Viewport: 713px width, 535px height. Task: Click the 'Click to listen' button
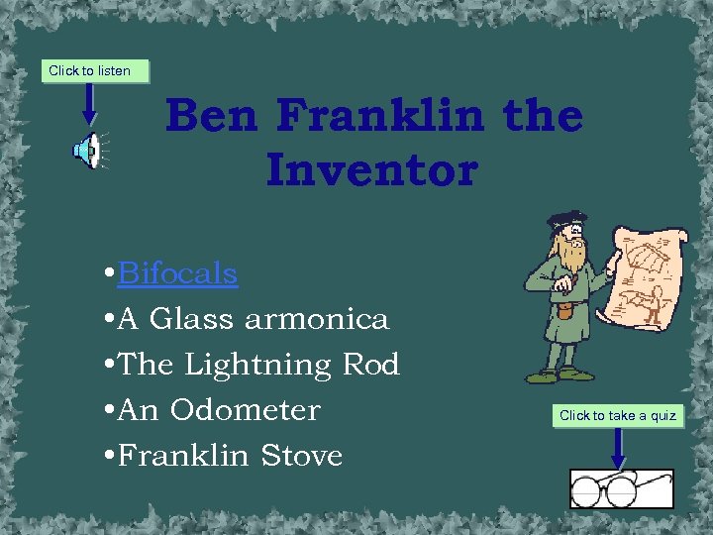[90, 70]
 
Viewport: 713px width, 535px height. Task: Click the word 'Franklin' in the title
[380, 116]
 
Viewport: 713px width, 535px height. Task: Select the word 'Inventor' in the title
[371, 169]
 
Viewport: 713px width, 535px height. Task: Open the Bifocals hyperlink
[177, 273]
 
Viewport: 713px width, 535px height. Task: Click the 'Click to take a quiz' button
[618, 415]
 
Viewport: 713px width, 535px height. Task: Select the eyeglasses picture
[621, 488]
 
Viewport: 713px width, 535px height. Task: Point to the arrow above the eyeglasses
[618, 448]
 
